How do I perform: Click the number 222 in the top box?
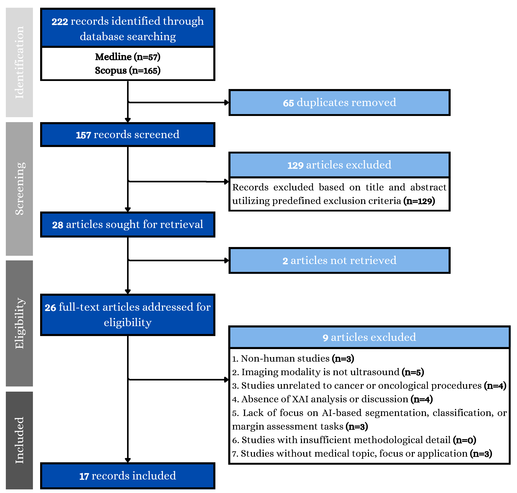coord(60,22)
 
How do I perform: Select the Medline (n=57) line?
coord(128,57)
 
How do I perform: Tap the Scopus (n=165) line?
coord(128,71)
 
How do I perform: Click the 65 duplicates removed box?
coord(339,102)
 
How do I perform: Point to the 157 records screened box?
coord(128,134)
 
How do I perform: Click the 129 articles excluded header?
coord(339,165)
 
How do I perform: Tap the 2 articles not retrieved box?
coord(339,260)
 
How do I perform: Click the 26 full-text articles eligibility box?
coord(128,315)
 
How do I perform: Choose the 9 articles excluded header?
coord(369,337)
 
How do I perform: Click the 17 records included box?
coord(128,476)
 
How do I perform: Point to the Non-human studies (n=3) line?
coord(293,359)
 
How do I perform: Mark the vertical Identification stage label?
coord(19,62)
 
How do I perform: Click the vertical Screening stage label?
coord(19,189)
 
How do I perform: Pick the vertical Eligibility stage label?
coord(19,323)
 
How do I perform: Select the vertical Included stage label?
coord(19,440)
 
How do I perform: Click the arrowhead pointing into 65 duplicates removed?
coord(227,102)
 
